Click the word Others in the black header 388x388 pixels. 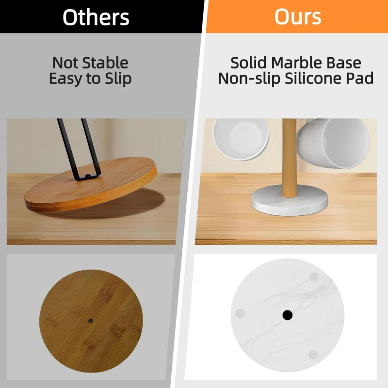pyautogui.click(x=96, y=17)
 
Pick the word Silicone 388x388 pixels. pyautogui.click(x=318, y=78)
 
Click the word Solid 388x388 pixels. pyautogui.click(x=249, y=63)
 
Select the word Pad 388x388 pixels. pyautogui.click(x=362, y=78)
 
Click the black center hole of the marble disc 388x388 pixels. pyautogui.click(x=288, y=315)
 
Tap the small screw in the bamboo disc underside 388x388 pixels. pyautogui.click(x=91, y=321)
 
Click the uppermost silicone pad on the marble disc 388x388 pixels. pyautogui.click(x=314, y=277)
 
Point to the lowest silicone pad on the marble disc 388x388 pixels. pyautogui.click(x=313, y=354)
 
